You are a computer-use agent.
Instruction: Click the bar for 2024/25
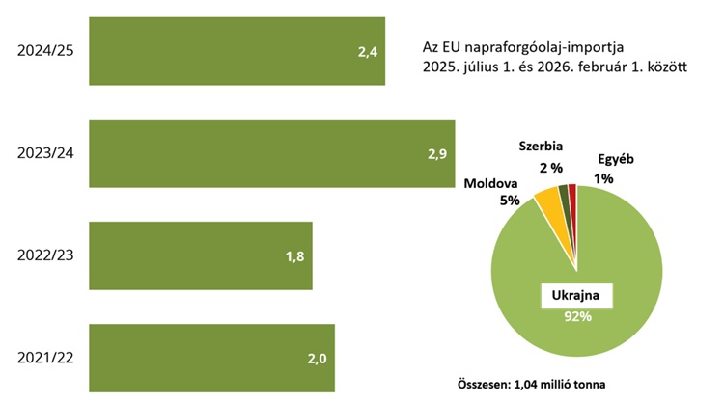[x=237, y=51]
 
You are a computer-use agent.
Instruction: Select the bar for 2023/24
[x=271, y=153]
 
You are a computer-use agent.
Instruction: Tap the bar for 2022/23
[x=201, y=255]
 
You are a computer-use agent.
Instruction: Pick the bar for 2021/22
[x=211, y=358]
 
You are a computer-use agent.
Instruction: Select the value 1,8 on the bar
[x=294, y=256]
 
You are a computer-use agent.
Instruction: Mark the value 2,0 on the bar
[x=317, y=359]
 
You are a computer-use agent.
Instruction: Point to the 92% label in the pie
[x=576, y=316]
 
